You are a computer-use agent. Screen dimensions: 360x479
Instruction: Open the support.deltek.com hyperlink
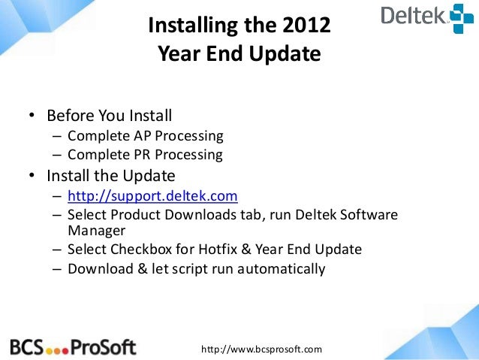pos(152,197)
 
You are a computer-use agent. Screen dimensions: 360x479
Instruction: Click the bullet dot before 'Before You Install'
pos(32,117)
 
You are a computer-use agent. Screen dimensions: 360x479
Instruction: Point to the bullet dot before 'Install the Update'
pos(32,177)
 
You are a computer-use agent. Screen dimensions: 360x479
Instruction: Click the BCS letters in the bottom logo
pos(26,346)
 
